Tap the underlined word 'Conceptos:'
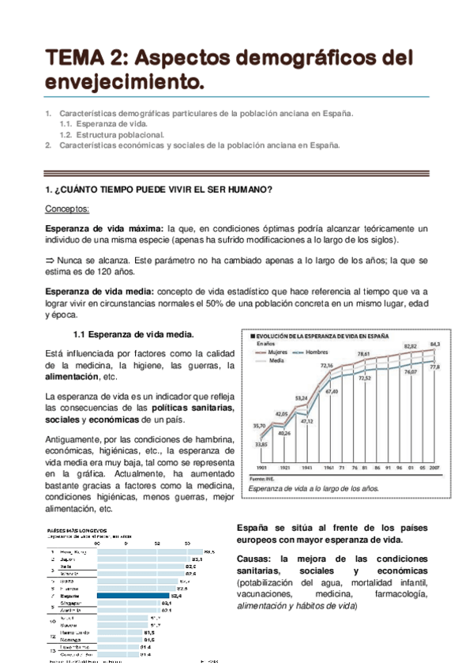click(69, 208)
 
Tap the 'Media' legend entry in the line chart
click(277, 359)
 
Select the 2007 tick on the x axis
click(435, 469)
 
